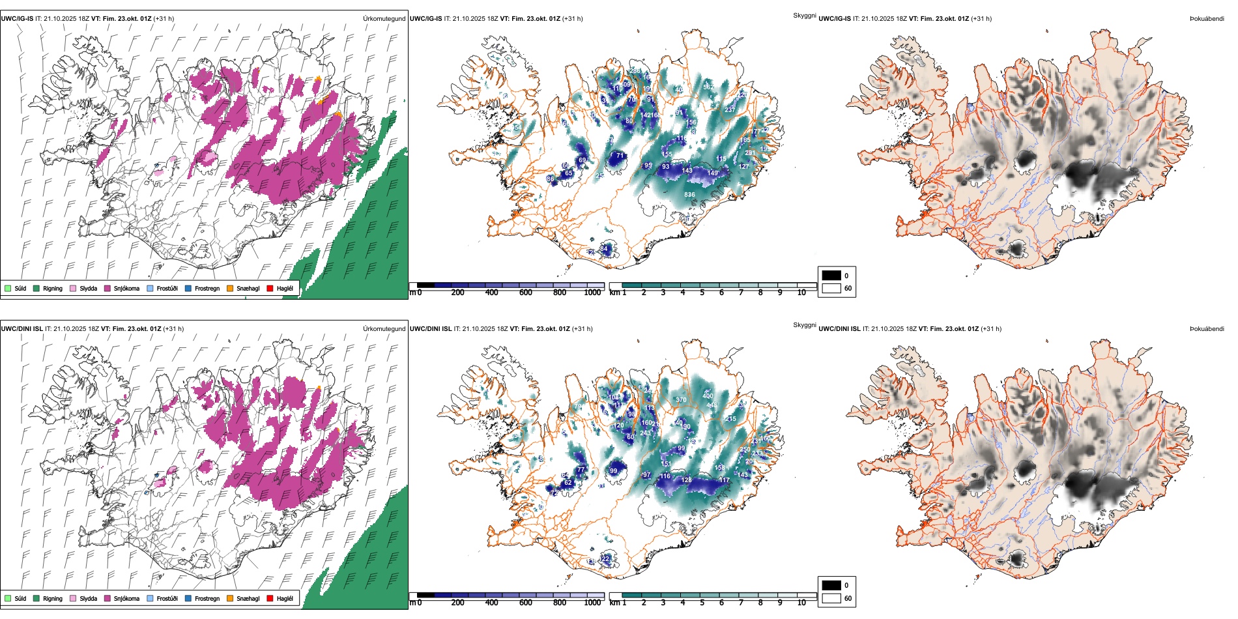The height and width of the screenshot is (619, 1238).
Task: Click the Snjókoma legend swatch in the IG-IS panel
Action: click(108, 288)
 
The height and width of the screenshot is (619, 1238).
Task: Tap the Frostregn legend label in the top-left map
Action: click(207, 288)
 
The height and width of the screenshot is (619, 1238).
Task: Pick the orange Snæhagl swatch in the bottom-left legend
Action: click(230, 598)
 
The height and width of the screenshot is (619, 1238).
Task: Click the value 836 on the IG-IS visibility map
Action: click(689, 194)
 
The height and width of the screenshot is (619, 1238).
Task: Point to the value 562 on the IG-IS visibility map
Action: click(708, 87)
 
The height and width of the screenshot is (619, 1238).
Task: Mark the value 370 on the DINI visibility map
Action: click(681, 400)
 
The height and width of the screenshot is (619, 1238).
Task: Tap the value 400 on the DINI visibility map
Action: click(708, 396)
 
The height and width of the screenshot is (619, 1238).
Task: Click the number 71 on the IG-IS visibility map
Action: click(620, 156)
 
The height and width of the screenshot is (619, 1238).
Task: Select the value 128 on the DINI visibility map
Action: click(687, 480)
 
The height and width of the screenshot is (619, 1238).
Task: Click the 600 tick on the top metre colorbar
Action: click(526, 293)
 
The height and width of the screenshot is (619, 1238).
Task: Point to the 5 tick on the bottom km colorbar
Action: click(702, 603)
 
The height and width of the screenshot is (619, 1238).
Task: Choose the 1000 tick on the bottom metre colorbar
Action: click(592, 603)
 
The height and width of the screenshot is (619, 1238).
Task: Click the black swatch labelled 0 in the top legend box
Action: click(831, 276)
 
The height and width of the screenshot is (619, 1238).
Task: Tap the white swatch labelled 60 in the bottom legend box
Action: click(831, 598)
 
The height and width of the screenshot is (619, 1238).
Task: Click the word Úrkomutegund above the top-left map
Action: click(384, 19)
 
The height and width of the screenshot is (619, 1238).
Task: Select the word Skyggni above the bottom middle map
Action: click(805, 325)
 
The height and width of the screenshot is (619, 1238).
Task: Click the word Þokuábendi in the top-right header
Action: click(1207, 19)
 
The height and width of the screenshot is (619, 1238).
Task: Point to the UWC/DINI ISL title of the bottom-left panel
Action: click(22, 329)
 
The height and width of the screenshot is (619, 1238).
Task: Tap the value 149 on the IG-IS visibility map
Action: click(713, 173)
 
